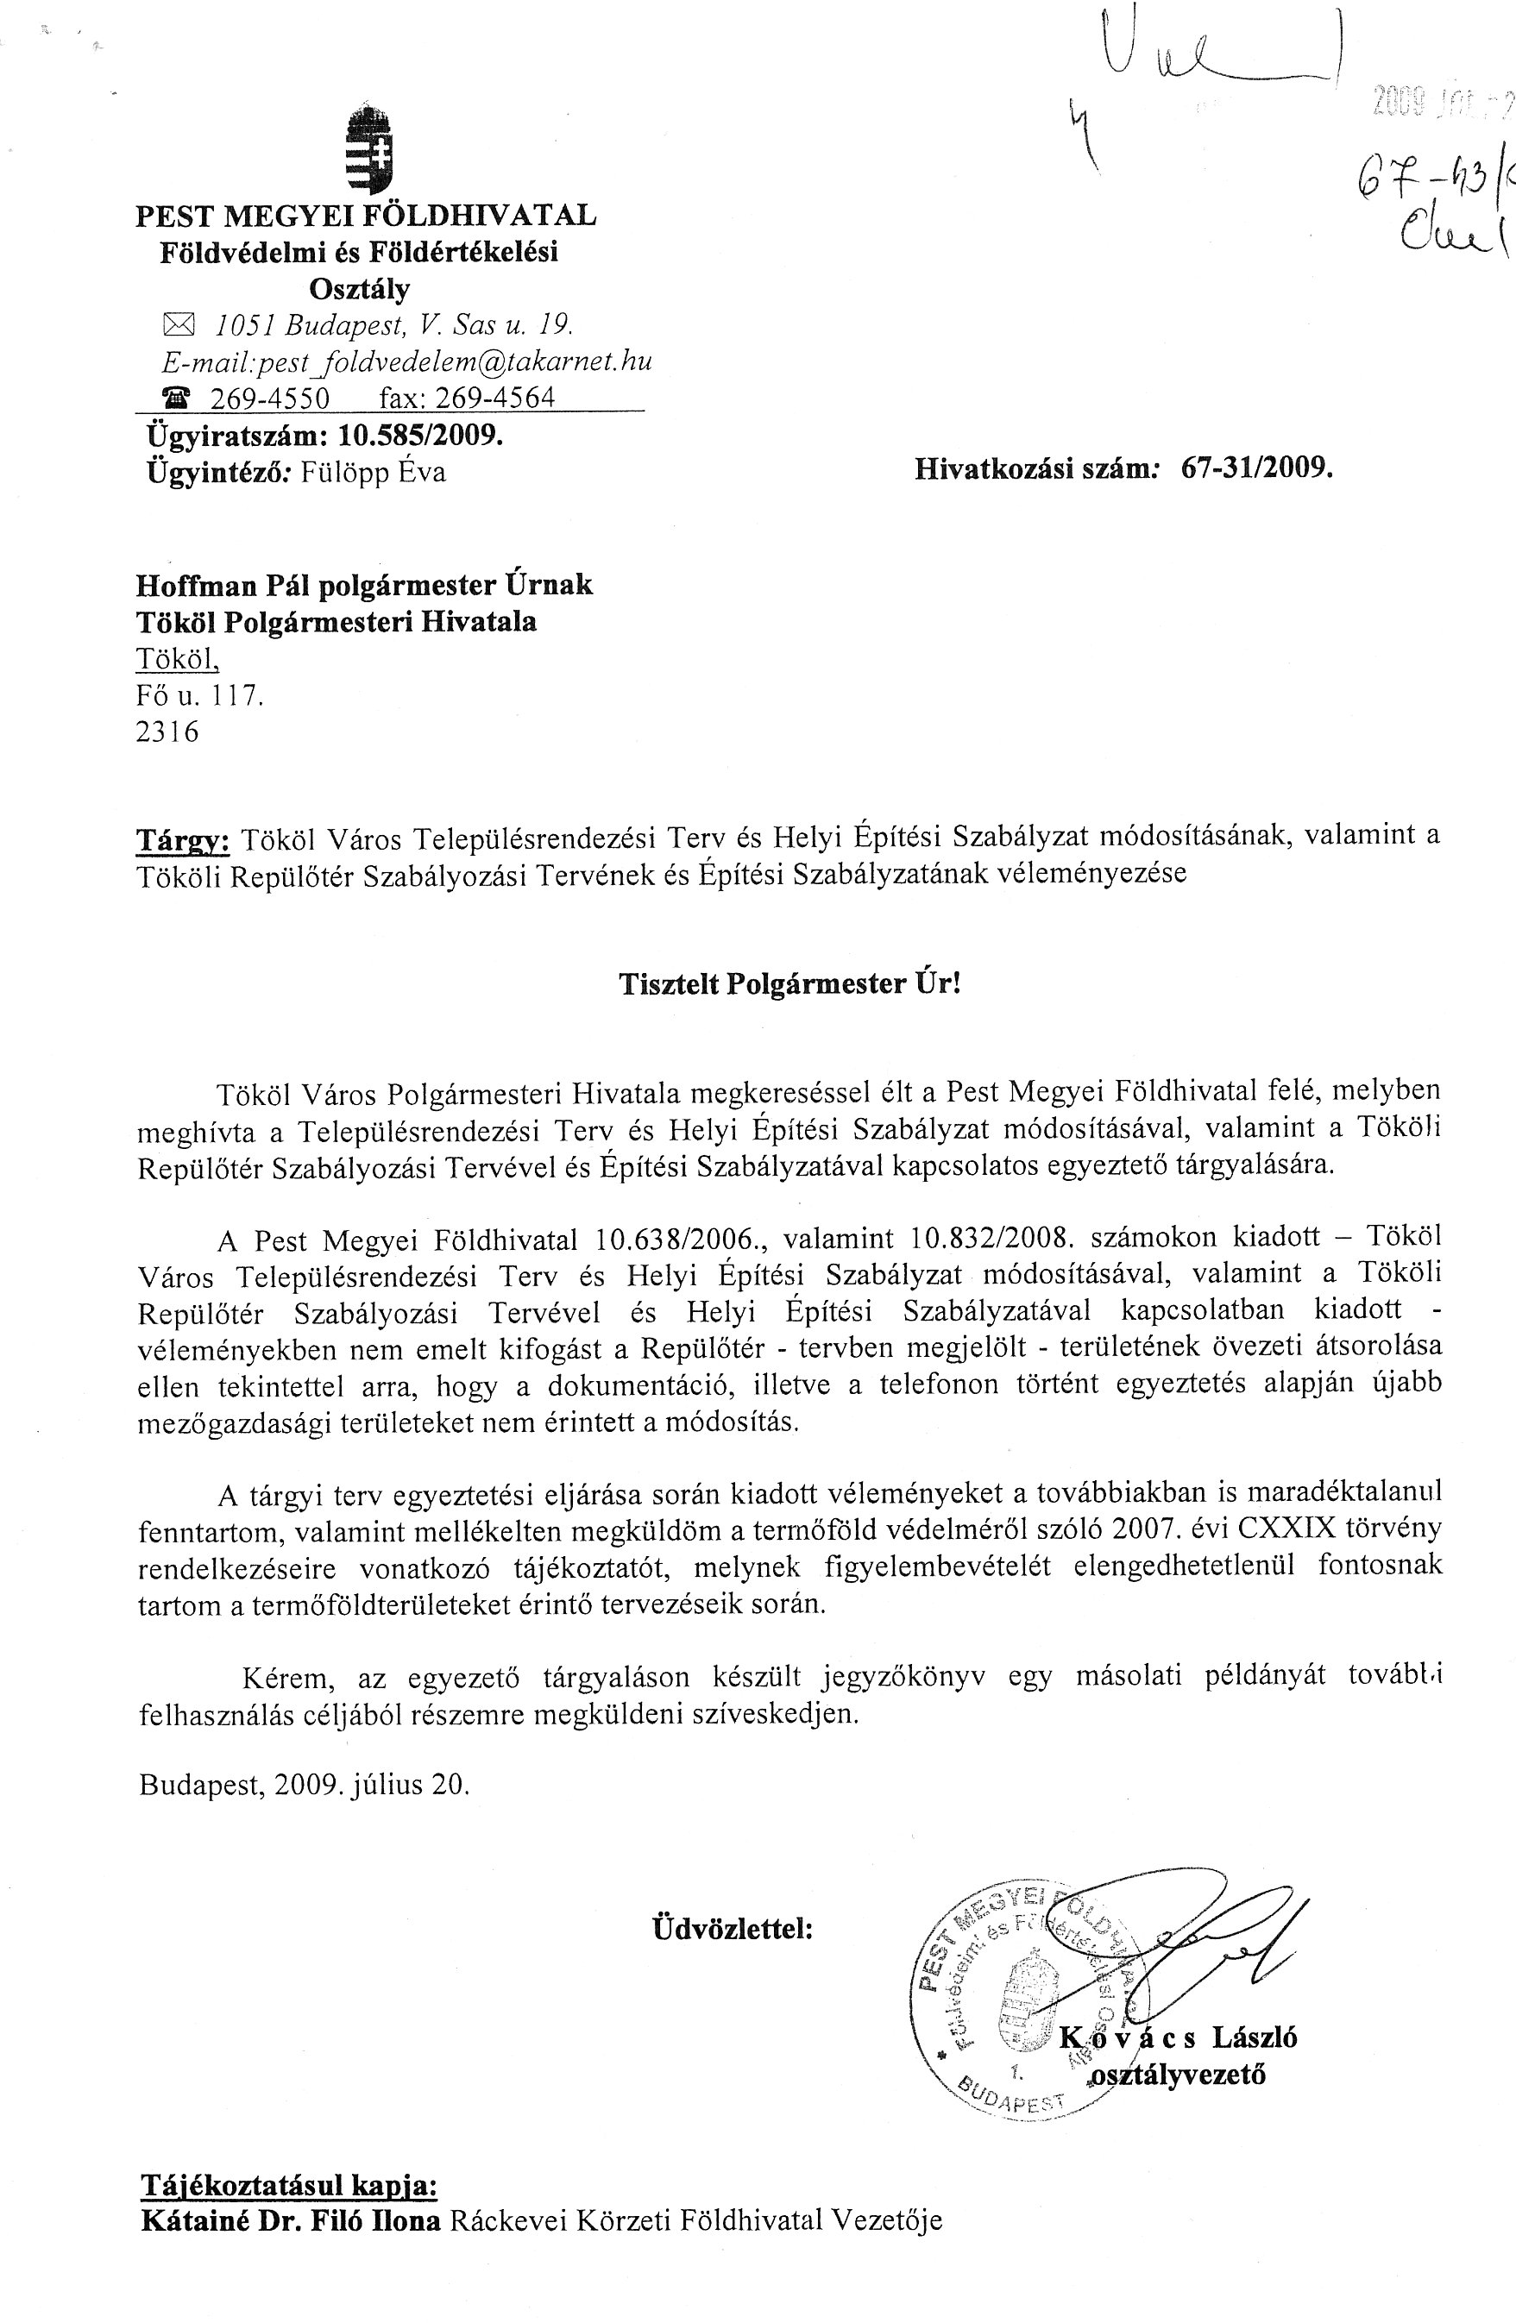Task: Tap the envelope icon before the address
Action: pyautogui.click(x=178, y=325)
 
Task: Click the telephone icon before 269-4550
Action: pyautogui.click(x=178, y=399)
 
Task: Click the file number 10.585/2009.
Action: pyautogui.click(x=421, y=435)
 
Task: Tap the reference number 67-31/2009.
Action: pyautogui.click(x=1256, y=469)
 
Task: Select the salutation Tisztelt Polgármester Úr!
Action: pyautogui.click(x=789, y=983)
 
